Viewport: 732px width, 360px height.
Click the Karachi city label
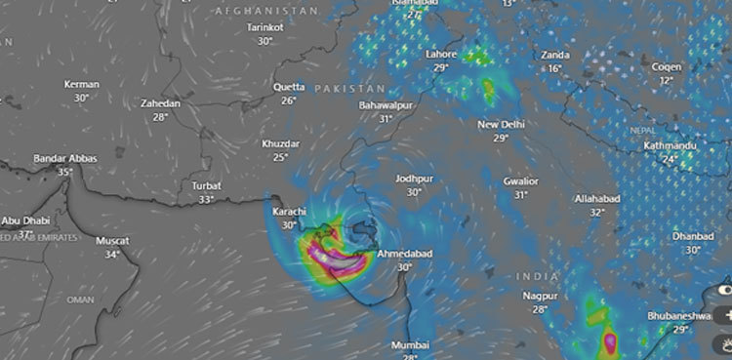click(288, 212)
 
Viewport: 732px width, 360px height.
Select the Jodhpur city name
click(415, 180)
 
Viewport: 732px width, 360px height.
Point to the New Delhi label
click(501, 125)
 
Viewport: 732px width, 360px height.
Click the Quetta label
click(289, 87)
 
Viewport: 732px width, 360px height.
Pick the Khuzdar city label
click(281, 144)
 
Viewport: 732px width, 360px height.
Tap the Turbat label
click(206, 185)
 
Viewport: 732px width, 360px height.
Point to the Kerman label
click(81, 85)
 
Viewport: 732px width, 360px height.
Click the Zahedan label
click(160, 103)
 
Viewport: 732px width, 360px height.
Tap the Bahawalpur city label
click(386, 104)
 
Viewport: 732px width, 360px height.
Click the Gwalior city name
click(521, 181)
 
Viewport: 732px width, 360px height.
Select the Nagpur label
click(539, 296)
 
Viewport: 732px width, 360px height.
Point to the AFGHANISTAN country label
click(266, 10)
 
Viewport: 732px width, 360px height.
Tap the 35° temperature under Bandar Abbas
click(65, 172)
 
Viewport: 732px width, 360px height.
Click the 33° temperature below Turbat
click(206, 199)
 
